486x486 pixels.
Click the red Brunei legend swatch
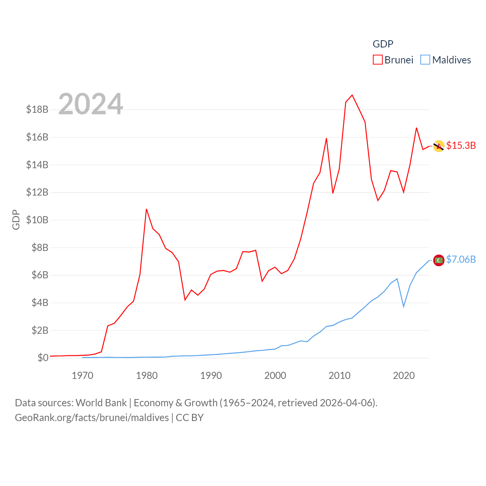(377, 60)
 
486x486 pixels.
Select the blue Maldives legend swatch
(425, 60)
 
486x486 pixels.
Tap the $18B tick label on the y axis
(37, 109)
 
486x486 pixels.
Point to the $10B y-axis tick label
(37, 220)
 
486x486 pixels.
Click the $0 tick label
(43, 358)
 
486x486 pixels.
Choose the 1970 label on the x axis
(82, 376)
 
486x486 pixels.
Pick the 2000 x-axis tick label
(275, 376)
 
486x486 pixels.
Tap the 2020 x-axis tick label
(404, 376)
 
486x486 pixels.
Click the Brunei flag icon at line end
(439, 146)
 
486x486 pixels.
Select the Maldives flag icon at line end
(439, 260)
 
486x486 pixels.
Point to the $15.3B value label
(461, 145)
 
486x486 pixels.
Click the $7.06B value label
(461, 259)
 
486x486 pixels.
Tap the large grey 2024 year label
(90, 104)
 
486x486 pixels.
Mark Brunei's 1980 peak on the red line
(147, 209)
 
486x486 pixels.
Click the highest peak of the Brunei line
(352, 95)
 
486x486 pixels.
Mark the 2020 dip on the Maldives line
(404, 306)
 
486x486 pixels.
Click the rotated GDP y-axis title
(16, 219)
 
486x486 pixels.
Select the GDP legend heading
(383, 44)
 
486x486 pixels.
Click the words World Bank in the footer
(101, 403)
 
